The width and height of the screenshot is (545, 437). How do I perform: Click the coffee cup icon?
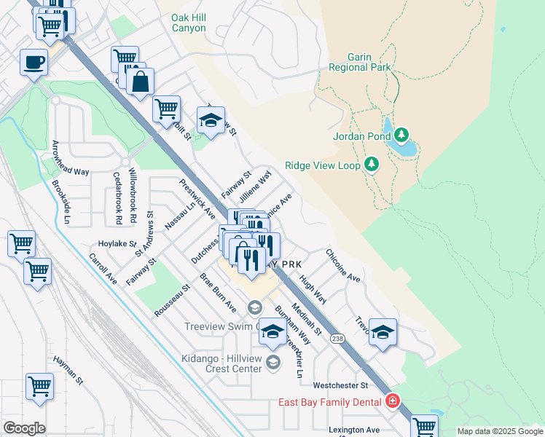tap(34, 62)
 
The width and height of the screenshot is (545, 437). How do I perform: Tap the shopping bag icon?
tap(140, 82)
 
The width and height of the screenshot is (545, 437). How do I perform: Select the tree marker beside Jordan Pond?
tap(401, 135)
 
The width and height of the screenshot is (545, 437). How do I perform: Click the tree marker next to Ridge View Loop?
tap(372, 164)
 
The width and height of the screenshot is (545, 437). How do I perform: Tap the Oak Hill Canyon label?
tap(188, 23)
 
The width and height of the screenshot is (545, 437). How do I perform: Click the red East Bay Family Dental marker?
tap(393, 401)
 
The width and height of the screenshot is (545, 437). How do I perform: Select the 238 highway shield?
tap(337, 339)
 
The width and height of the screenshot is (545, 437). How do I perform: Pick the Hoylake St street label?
tap(118, 244)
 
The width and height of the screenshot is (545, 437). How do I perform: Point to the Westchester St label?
tap(341, 385)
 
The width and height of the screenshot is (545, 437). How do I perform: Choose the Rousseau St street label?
tap(172, 301)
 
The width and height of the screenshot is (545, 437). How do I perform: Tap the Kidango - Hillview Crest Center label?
tap(221, 363)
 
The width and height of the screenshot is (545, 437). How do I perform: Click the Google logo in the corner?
tap(24, 428)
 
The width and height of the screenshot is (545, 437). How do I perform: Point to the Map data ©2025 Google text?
tap(499, 431)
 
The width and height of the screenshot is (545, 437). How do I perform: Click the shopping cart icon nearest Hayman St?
tap(39, 386)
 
